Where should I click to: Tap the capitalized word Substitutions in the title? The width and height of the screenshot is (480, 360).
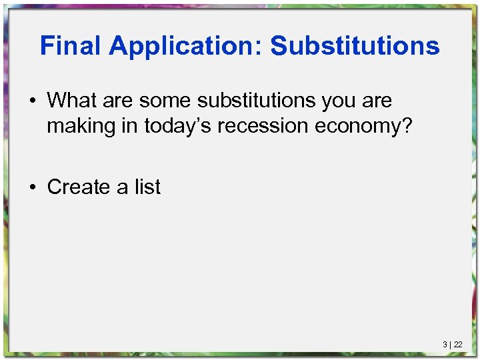pyautogui.click(x=355, y=46)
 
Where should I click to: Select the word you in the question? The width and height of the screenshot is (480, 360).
pyautogui.click(x=339, y=101)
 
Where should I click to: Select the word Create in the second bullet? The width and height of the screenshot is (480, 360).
pyautogui.click(x=79, y=187)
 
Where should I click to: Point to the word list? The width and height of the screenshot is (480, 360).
pyautogui.click(x=147, y=187)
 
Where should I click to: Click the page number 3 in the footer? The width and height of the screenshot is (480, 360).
pyautogui.click(x=445, y=345)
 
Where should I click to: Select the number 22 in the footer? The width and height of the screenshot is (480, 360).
pyautogui.click(x=458, y=345)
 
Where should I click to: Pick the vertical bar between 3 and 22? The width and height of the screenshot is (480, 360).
pyautogui.click(x=451, y=345)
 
